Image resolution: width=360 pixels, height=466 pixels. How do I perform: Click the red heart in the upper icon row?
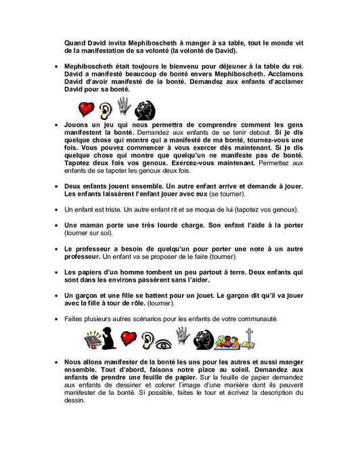click(85, 108)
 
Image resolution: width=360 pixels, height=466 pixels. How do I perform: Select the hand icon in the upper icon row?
click(123, 107)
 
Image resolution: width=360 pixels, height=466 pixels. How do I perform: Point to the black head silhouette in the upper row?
click(143, 109)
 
